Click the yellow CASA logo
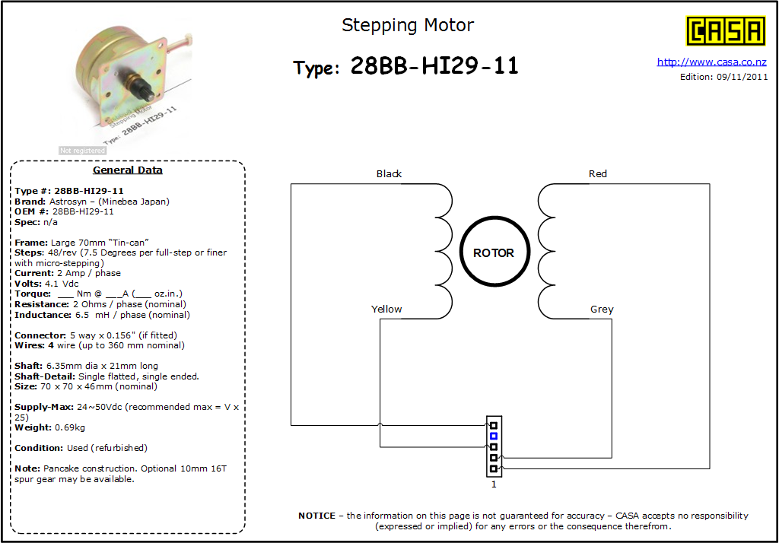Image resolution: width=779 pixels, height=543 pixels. (725, 31)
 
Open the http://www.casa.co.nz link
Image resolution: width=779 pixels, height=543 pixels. (711, 62)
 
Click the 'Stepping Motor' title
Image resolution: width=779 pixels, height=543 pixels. (408, 25)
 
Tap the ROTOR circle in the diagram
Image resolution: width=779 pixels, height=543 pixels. (494, 252)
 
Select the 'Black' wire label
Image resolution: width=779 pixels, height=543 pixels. (389, 174)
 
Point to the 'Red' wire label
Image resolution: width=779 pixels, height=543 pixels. (598, 174)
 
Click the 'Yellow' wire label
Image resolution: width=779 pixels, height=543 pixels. (386, 309)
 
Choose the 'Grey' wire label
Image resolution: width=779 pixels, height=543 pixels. (602, 309)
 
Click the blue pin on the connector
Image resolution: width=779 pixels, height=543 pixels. (493, 437)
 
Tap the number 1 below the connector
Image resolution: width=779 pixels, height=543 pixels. (494, 484)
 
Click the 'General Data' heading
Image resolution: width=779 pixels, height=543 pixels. (128, 170)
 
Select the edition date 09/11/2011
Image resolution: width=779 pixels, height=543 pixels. (742, 77)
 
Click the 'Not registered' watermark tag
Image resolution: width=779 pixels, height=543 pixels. (82, 150)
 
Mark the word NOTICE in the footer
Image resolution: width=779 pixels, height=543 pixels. (317, 516)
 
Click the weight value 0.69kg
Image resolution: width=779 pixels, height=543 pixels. (70, 427)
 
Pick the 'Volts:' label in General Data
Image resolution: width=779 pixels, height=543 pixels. (28, 284)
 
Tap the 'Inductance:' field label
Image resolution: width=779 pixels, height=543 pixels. (43, 315)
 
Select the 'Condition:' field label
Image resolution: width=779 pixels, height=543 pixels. (39, 448)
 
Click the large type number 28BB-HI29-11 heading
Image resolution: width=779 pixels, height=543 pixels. (434, 65)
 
